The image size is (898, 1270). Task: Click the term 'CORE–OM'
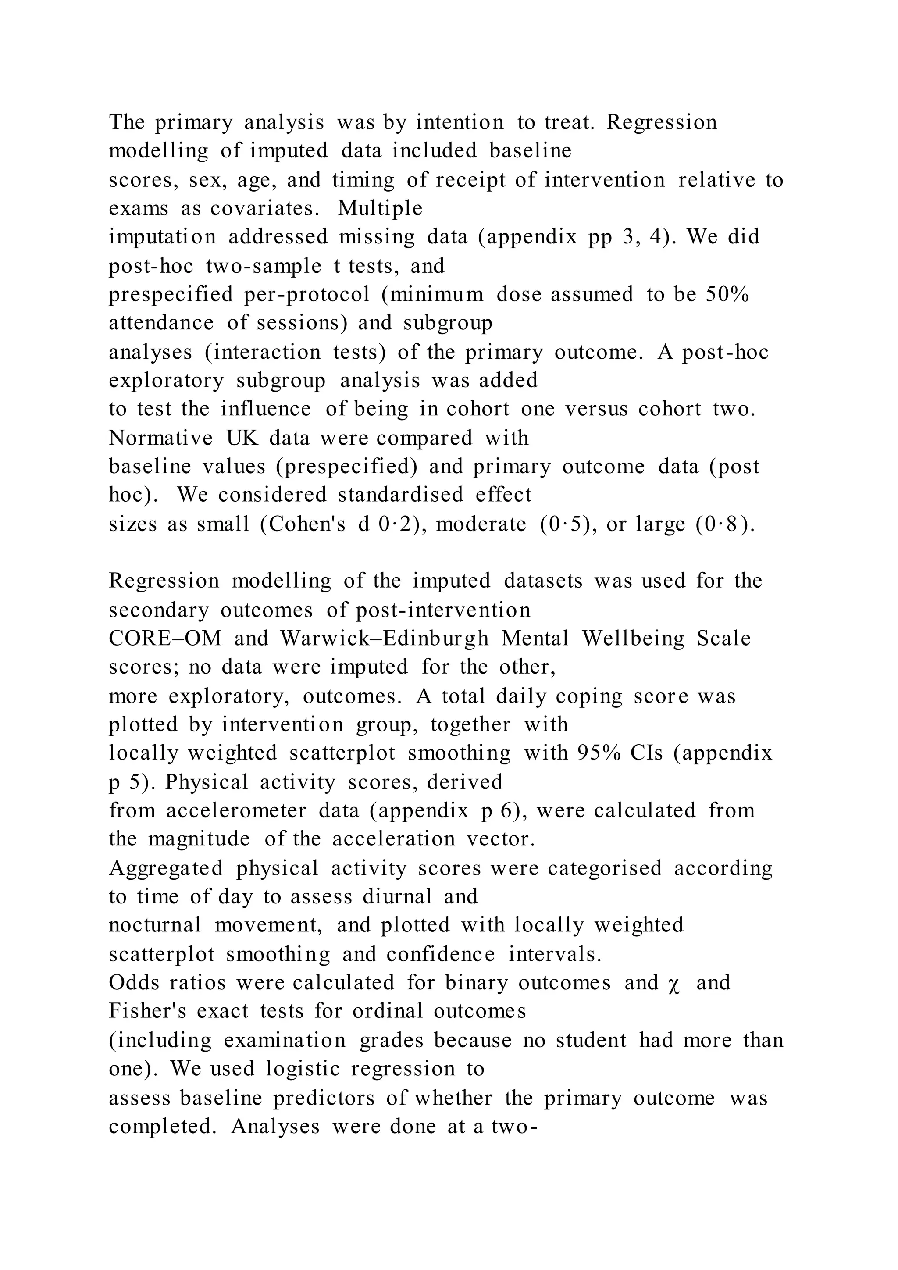click(165, 639)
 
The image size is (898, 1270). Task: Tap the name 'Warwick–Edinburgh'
click(384, 639)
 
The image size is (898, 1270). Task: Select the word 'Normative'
click(160, 438)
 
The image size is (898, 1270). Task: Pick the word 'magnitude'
click(199, 839)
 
